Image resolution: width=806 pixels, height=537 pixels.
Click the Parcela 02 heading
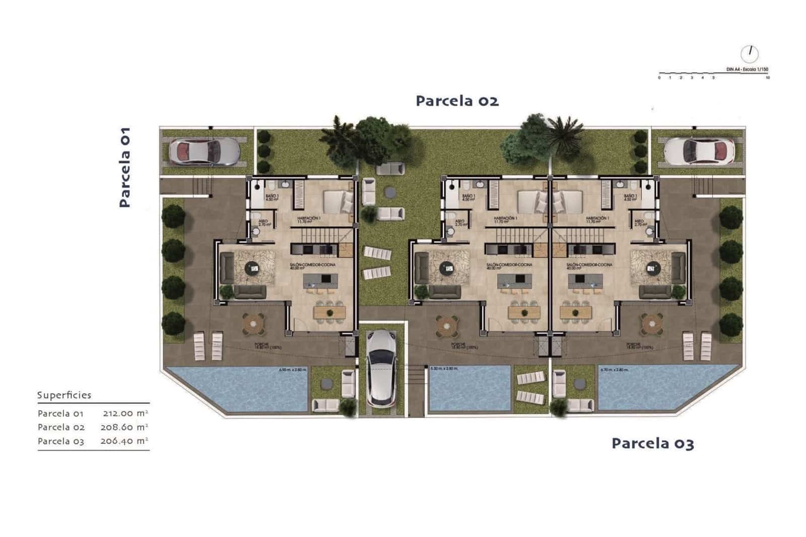[457, 101]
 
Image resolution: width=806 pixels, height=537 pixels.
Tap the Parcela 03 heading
[652, 443]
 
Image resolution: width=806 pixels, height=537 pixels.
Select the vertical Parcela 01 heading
[124, 167]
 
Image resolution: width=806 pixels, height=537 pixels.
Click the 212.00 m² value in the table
[125, 413]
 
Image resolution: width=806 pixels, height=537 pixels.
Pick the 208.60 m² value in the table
[124, 427]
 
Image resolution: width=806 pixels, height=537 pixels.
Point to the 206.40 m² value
[124, 441]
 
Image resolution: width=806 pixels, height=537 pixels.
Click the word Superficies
[64, 395]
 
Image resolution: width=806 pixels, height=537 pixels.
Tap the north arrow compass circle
[749, 53]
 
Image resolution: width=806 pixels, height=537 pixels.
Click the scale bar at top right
[713, 74]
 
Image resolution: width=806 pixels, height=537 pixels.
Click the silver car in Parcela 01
[204, 151]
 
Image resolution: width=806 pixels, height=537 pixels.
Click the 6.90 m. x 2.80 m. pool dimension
[292, 370]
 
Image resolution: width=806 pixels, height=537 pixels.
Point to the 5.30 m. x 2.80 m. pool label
[444, 369]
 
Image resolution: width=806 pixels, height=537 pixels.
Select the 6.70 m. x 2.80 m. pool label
[615, 369]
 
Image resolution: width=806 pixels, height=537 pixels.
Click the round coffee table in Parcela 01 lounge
[254, 268]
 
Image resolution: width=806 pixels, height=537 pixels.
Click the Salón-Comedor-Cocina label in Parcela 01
[312, 265]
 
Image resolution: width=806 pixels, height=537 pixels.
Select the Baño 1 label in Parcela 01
[271, 197]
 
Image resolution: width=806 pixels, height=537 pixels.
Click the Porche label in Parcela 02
[457, 346]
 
